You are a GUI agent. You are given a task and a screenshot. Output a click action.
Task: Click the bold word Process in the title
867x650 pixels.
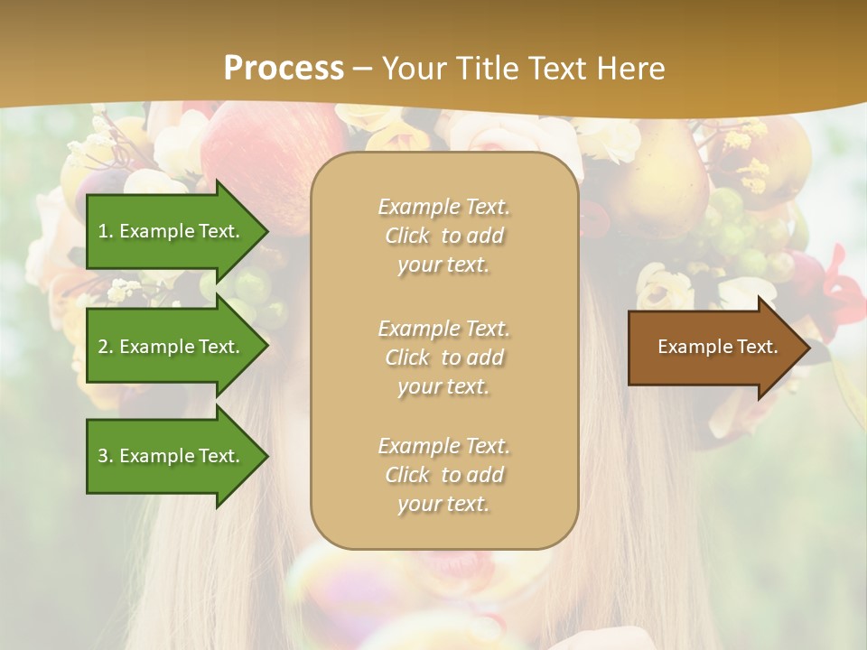284,69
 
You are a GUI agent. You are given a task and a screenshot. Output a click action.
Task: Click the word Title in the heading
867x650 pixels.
488,69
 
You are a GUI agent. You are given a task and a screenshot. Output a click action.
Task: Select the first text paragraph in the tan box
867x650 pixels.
443,236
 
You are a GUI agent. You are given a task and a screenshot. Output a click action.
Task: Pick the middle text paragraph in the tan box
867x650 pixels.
443,357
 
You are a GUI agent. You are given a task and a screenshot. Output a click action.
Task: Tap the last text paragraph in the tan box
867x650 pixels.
443,475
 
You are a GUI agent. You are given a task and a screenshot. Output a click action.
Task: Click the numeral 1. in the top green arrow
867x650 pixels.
106,231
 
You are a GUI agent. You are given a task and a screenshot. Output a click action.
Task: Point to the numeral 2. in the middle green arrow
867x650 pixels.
106,347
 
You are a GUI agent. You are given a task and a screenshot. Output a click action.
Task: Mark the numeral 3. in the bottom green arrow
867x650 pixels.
106,456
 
